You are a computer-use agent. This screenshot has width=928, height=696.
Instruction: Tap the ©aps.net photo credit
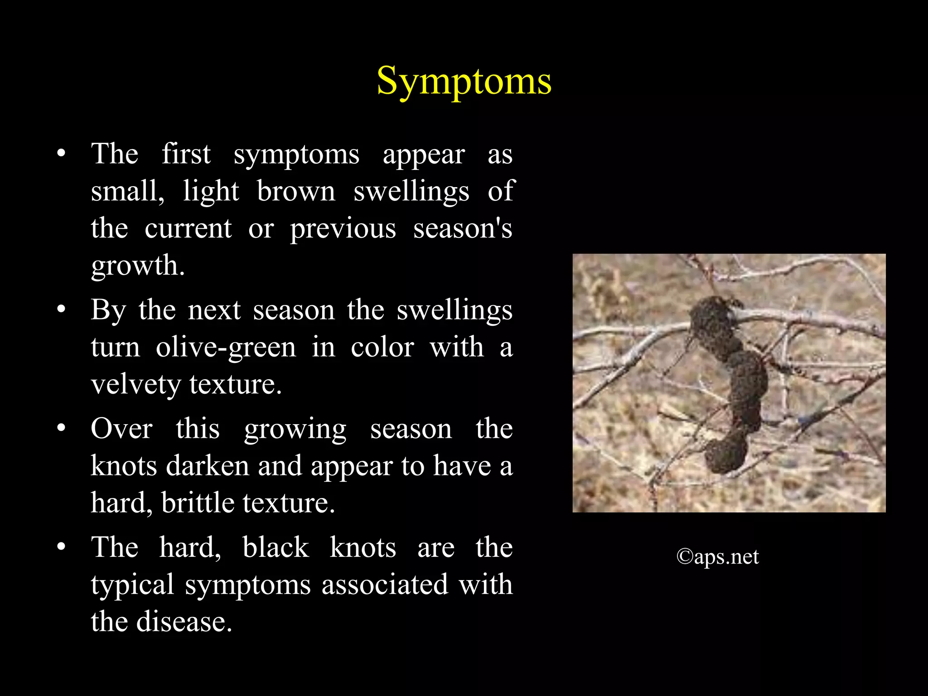click(x=717, y=557)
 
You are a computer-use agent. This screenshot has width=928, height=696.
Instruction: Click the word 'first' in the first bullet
click(x=186, y=154)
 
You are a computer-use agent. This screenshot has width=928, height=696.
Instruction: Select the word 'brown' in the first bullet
click(x=296, y=191)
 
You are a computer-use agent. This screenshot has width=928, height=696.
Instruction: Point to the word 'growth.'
click(x=138, y=266)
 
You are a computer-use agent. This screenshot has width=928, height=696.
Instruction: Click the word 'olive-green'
click(x=226, y=348)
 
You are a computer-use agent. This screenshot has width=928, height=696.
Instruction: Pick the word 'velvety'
click(x=136, y=385)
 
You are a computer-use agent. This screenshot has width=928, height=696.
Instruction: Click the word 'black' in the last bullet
click(x=275, y=547)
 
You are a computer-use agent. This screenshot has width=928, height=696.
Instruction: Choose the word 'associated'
click(x=385, y=585)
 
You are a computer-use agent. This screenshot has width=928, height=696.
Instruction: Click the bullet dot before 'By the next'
click(x=62, y=310)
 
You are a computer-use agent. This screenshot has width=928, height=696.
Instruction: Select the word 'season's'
click(x=463, y=228)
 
